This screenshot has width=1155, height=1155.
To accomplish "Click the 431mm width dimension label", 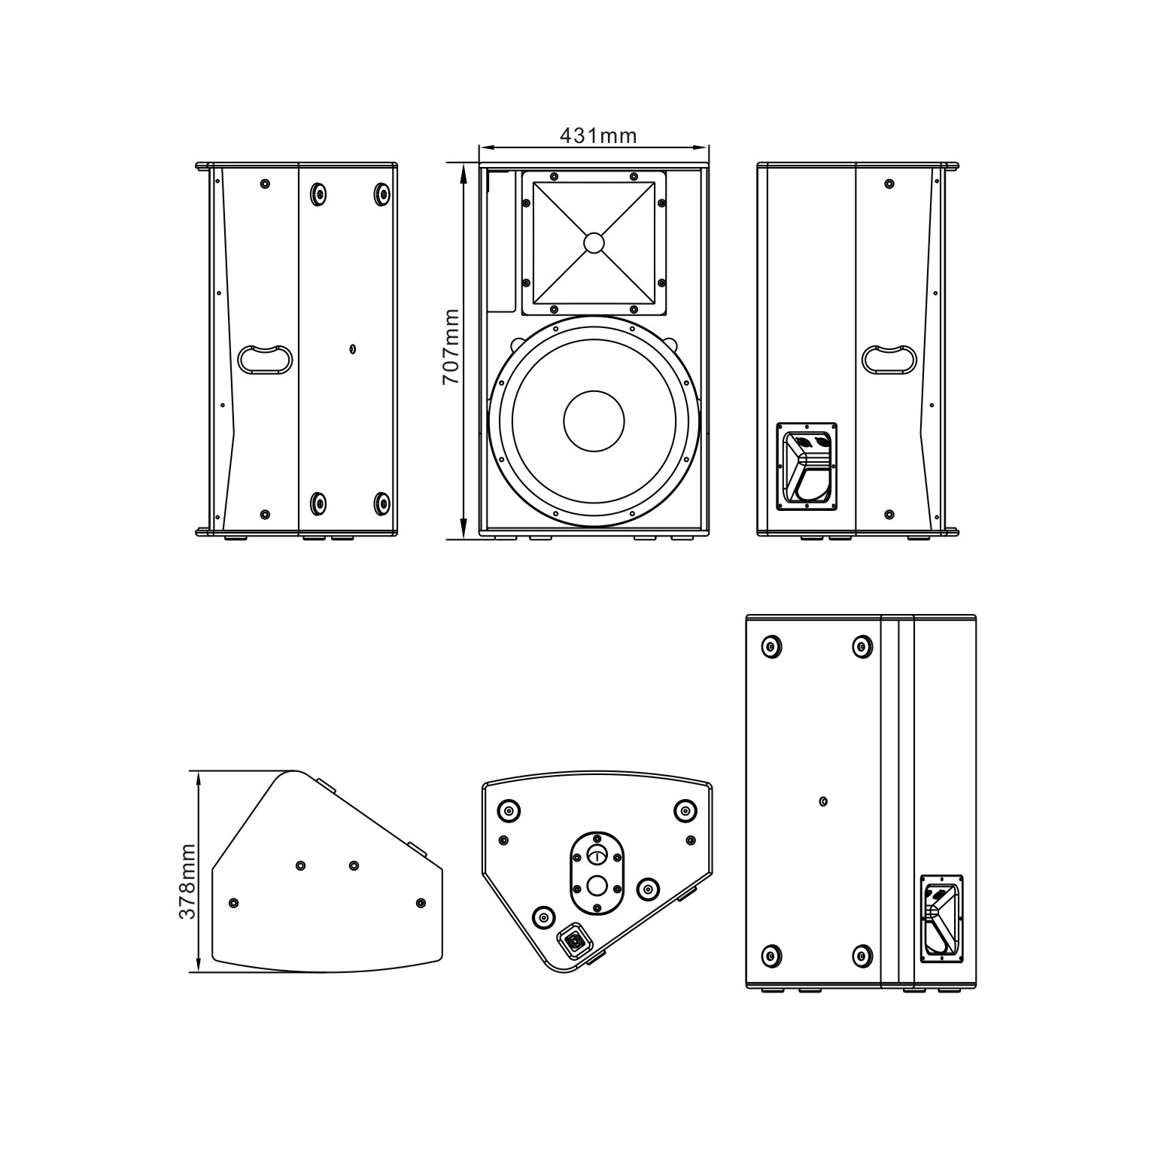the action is (x=598, y=135).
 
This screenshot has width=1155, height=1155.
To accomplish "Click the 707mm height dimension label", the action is (x=451, y=347).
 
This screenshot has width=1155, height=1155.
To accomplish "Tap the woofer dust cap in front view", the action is (x=594, y=421).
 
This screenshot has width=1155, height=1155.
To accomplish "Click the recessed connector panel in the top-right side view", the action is (x=807, y=466).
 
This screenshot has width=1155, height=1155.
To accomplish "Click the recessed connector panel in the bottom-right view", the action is (x=942, y=918).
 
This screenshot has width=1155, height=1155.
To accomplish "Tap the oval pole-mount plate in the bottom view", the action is (x=597, y=872).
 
